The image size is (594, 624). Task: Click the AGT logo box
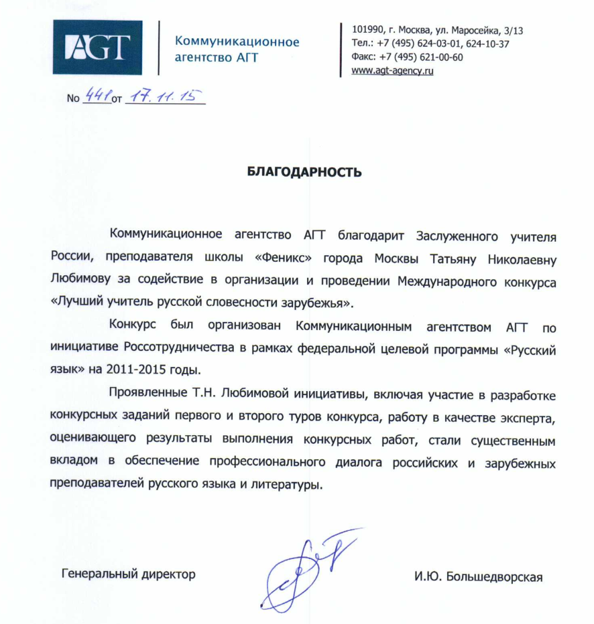click(x=97, y=47)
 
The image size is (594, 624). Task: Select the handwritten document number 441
click(x=97, y=98)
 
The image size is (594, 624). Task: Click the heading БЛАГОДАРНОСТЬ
click(x=304, y=172)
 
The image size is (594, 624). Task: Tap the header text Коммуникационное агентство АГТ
click(x=237, y=50)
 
